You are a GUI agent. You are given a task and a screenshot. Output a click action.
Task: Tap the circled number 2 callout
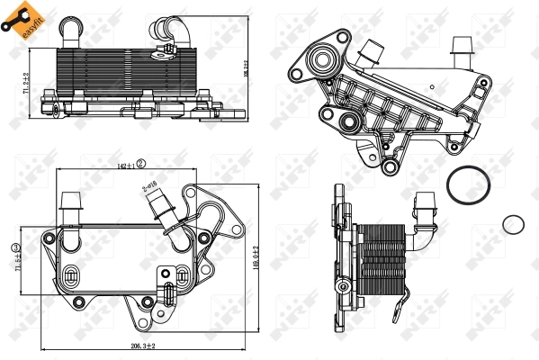(141, 164)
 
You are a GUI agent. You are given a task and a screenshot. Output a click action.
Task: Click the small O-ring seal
(514, 224)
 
